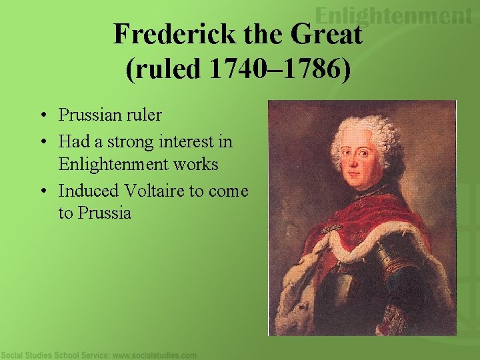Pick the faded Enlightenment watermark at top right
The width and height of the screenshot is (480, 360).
[x=393, y=15]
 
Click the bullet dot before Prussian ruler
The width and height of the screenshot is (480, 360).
[x=42, y=116]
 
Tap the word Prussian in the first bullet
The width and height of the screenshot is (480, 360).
[x=87, y=115]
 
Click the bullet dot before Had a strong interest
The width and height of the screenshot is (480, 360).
[x=42, y=142]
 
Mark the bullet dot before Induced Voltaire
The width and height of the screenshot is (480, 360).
[x=42, y=191]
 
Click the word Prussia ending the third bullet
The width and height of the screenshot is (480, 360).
[x=105, y=213]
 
